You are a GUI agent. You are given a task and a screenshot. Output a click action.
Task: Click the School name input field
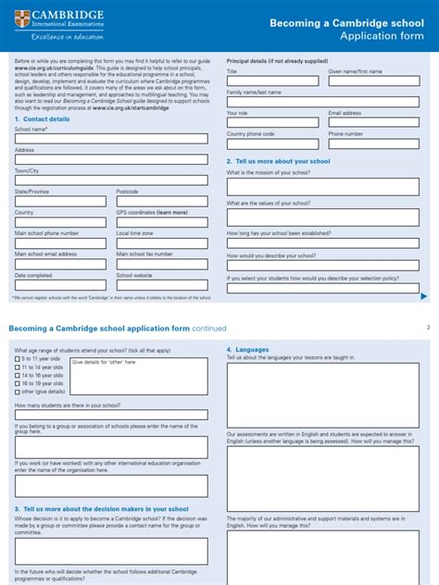(111, 139)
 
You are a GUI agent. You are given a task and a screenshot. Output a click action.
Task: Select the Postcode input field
(163, 200)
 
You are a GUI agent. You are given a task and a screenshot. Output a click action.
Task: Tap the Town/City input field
(111, 180)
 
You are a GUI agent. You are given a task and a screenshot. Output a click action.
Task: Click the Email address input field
(374, 122)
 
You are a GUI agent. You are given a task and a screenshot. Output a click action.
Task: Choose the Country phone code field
(273, 143)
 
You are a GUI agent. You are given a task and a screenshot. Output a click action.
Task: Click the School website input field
(163, 284)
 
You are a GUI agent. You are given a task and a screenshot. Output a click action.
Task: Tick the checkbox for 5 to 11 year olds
(17, 359)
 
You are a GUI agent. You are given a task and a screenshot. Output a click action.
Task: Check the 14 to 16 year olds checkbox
(17, 375)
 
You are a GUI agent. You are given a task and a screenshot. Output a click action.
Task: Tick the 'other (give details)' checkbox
(17, 391)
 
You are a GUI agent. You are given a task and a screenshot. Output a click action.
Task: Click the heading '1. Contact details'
(42, 119)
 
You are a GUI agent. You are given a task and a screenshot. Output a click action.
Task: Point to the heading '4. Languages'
(247, 349)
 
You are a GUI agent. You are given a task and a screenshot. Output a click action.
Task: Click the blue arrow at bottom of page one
(424, 296)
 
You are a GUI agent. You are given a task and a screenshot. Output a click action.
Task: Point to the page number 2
(428, 328)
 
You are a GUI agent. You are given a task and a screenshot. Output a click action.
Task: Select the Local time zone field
(163, 243)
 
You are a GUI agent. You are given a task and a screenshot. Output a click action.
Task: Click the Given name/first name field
(374, 81)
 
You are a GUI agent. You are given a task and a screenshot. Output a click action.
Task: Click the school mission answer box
(323, 186)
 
